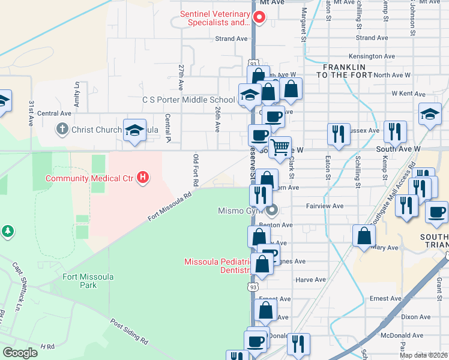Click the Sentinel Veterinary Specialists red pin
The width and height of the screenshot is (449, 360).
click(259, 17)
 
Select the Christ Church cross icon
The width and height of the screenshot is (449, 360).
click(61, 129)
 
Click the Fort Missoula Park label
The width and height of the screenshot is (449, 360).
click(88, 281)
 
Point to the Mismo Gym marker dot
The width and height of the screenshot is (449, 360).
click(272, 210)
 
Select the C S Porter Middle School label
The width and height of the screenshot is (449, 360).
click(188, 100)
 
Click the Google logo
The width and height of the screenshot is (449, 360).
click(20, 353)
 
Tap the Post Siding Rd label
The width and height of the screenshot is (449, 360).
click(129, 331)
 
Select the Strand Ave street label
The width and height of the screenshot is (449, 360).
click(232, 38)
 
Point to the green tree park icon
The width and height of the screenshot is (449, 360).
click(7, 231)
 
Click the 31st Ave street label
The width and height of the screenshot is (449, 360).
click(31, 112)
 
